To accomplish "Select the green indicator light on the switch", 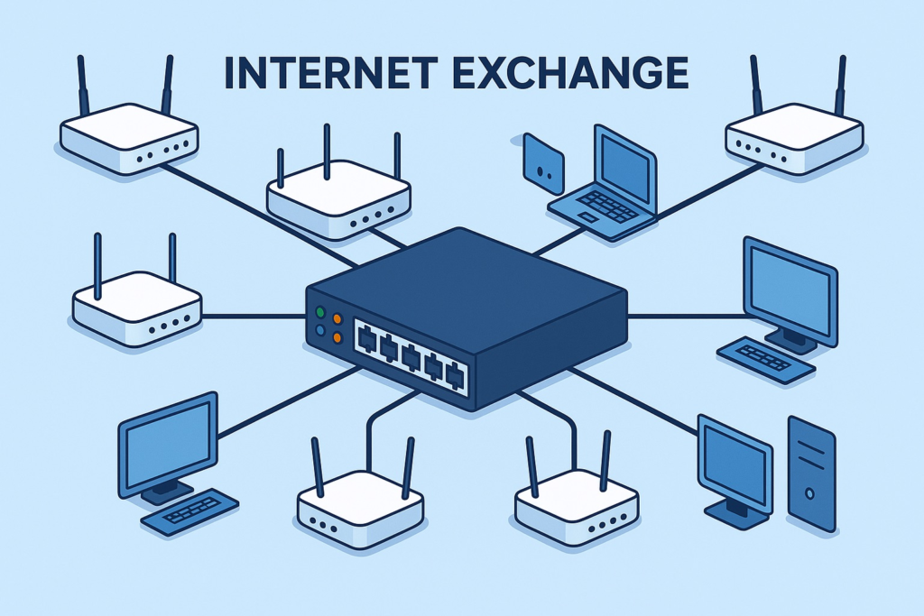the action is pyautogui.click(x=320, y=312).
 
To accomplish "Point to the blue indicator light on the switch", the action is pyautogui.click(x=320, y=331).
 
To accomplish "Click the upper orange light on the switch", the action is pyautogui.click(x=337, y=319).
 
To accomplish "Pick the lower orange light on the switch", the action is pyautogui.click(x=337, y=337).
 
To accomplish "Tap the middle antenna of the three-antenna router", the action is pyautogui.click(x=327, y=151).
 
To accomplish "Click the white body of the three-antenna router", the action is pyautogui.click(x=339, y=200).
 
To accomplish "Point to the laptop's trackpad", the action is pyautogui.click(x=588, y=217).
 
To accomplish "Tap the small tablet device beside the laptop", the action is pyautogui.click(x=543, y=163).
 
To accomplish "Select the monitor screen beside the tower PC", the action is pyautogui.click(x=735, y=465).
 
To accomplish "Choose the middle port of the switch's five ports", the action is pyautogui.click(x=411, y=355).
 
